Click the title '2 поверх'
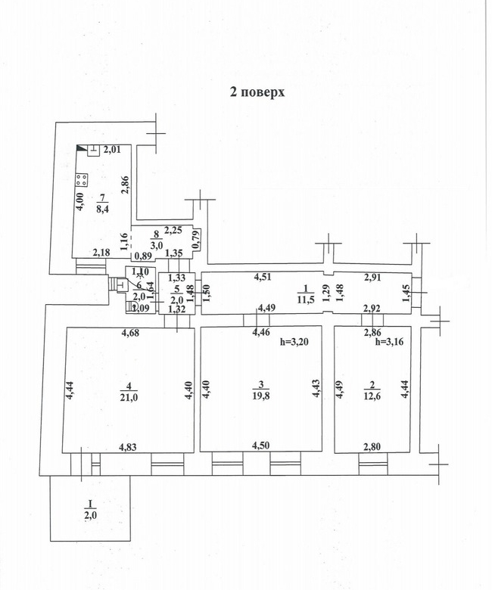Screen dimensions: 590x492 coord(257,92)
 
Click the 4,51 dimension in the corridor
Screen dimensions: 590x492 coord(263,277)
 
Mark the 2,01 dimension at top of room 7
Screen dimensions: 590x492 coord(112,150)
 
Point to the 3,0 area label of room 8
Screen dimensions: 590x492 coord(156,244)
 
